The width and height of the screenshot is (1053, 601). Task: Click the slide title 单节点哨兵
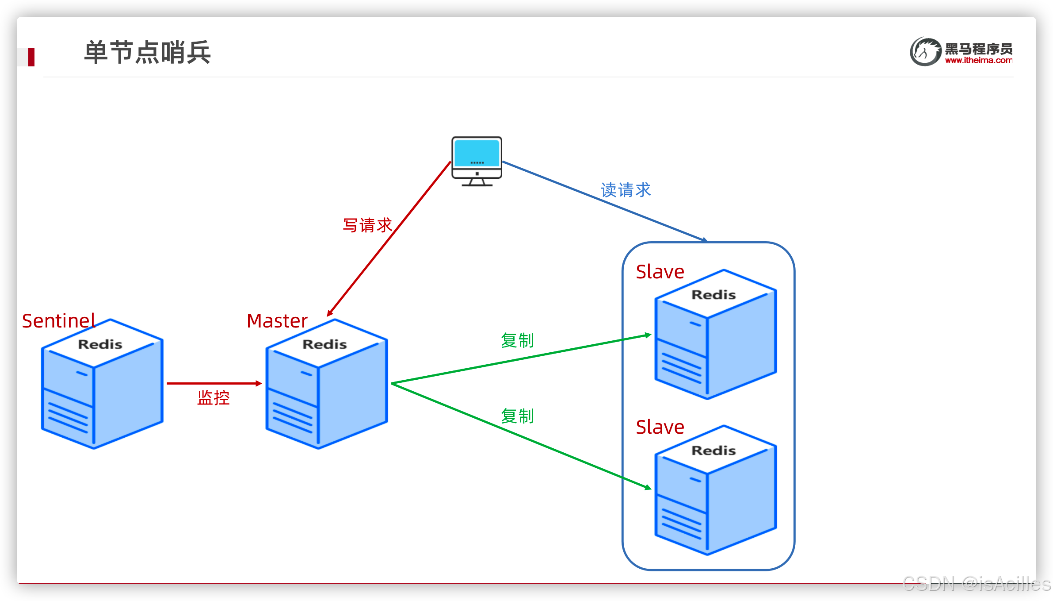click(x=147, y=52)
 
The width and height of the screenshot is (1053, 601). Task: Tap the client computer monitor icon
click(x=477, y=160)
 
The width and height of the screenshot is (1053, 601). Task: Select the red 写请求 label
click(x=367, y=225)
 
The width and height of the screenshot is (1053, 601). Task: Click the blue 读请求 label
click(x=626, y=190)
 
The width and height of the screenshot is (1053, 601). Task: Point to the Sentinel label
click(x=58, y=321)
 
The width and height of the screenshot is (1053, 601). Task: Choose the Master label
click(x=277, y=321)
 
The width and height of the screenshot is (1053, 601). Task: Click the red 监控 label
click(x=214, y=398)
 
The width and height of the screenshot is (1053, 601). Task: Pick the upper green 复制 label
click(x=517, y=340)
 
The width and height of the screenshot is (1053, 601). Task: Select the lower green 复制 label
click(x=517, y=416)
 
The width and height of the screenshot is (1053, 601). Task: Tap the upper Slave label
click(x=660, y=272)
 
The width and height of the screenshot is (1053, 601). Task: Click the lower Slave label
click(x=660, y=427)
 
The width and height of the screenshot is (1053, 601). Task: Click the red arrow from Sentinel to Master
click(x=214, y=383)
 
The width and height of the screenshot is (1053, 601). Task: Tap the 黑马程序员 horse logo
click(x=925, y=51)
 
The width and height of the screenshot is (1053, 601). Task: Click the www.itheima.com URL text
click(x=978, y=61)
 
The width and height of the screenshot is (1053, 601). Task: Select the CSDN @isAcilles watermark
click(x=976, y=584)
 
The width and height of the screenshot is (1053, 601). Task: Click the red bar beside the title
click(x=31, y=57)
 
